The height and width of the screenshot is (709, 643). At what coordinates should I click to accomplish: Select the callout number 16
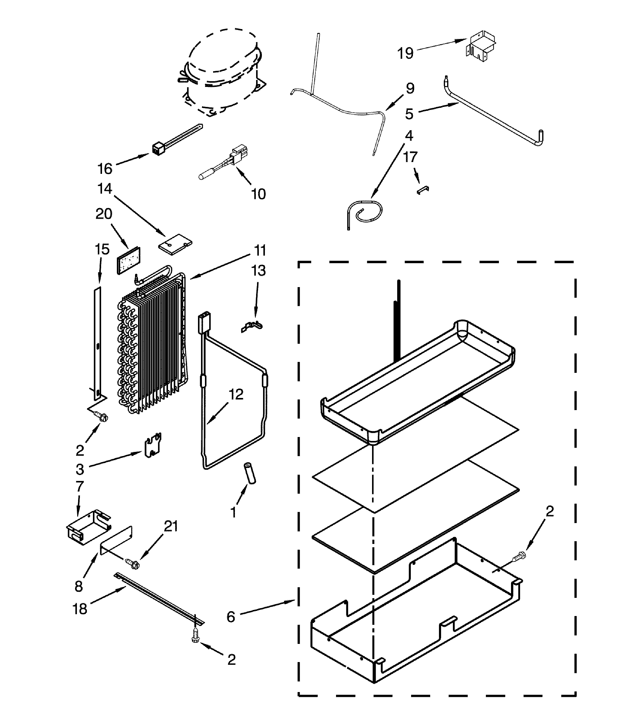[105, 169]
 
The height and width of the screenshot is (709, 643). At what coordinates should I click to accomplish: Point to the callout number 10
[259, 194]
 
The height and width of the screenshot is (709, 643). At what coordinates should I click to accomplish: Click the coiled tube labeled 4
[366, 211]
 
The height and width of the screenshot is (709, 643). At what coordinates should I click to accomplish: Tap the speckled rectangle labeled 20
[128, 260]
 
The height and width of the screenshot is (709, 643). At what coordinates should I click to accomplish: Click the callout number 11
[260, 250]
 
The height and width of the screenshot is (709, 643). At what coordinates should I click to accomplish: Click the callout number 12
[236, 394]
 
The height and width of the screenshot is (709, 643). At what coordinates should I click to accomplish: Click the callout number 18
[80, 609]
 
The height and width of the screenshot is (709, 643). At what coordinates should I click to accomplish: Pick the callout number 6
[231, 617]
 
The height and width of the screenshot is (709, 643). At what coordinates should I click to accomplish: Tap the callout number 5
[409, 114]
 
